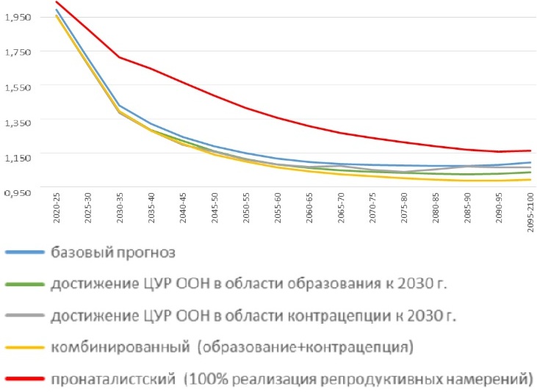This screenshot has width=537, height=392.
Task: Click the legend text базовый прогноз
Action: click(114, 253)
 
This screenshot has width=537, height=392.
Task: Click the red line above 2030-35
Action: click(120, 57)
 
